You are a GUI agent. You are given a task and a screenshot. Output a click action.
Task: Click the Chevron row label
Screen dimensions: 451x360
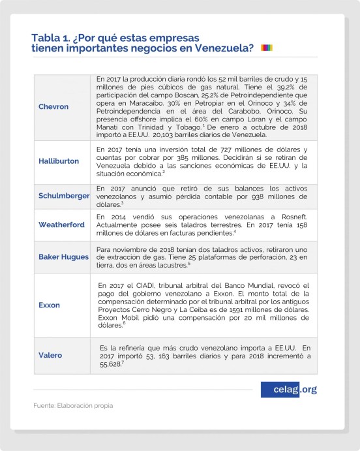click(54, 106)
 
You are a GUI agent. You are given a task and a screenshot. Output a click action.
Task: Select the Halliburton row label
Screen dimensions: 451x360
click(59, 161)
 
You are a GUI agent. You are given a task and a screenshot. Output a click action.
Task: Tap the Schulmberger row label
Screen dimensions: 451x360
click(64, 195)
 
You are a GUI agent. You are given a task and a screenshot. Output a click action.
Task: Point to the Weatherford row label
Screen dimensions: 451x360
click(61, 224)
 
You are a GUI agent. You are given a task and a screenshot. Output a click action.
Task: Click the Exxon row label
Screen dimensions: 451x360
click(50, 305)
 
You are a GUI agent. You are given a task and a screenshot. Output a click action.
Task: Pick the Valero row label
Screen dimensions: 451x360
click(51, 355)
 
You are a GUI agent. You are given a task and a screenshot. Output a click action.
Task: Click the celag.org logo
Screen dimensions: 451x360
click(289, 390)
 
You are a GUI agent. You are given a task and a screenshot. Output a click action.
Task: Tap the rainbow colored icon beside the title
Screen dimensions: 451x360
click(267, 48)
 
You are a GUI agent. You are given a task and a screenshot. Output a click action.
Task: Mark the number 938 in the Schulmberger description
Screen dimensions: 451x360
click(255, 196)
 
